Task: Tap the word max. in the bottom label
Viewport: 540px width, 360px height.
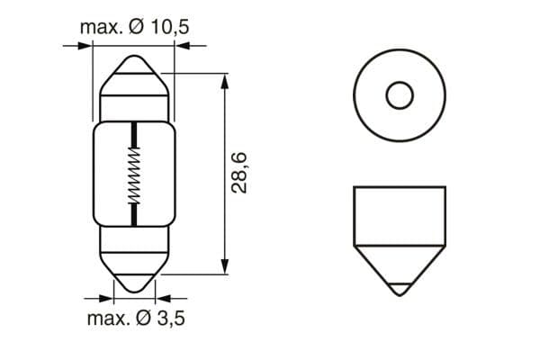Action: pos(108,319)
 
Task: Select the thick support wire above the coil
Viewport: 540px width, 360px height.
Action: pos(134,135)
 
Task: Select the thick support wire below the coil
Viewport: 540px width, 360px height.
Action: pos(134,212)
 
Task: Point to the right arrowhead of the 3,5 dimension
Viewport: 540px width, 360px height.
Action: pos(163,295)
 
